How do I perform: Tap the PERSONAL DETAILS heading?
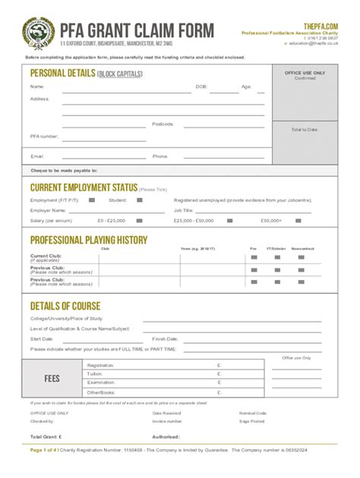(x=62, y=73)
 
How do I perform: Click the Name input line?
(x=125, y=91)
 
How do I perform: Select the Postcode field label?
(x=163, y=123)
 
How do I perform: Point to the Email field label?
(x=36, y=156)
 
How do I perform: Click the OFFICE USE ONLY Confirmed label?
(x=305, y=75)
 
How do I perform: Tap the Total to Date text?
(x=305, y=130)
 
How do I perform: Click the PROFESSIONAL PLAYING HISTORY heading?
(x=88, y=241)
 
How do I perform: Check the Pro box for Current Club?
(x=254, y=257)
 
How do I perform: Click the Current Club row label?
(x=46, y=257)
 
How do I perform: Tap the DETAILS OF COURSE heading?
(x=65, y=306)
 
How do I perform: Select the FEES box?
(x=53, y=377)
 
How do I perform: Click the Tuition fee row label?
(x=94, y=373)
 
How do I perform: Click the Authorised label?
(x=166, y=437)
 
